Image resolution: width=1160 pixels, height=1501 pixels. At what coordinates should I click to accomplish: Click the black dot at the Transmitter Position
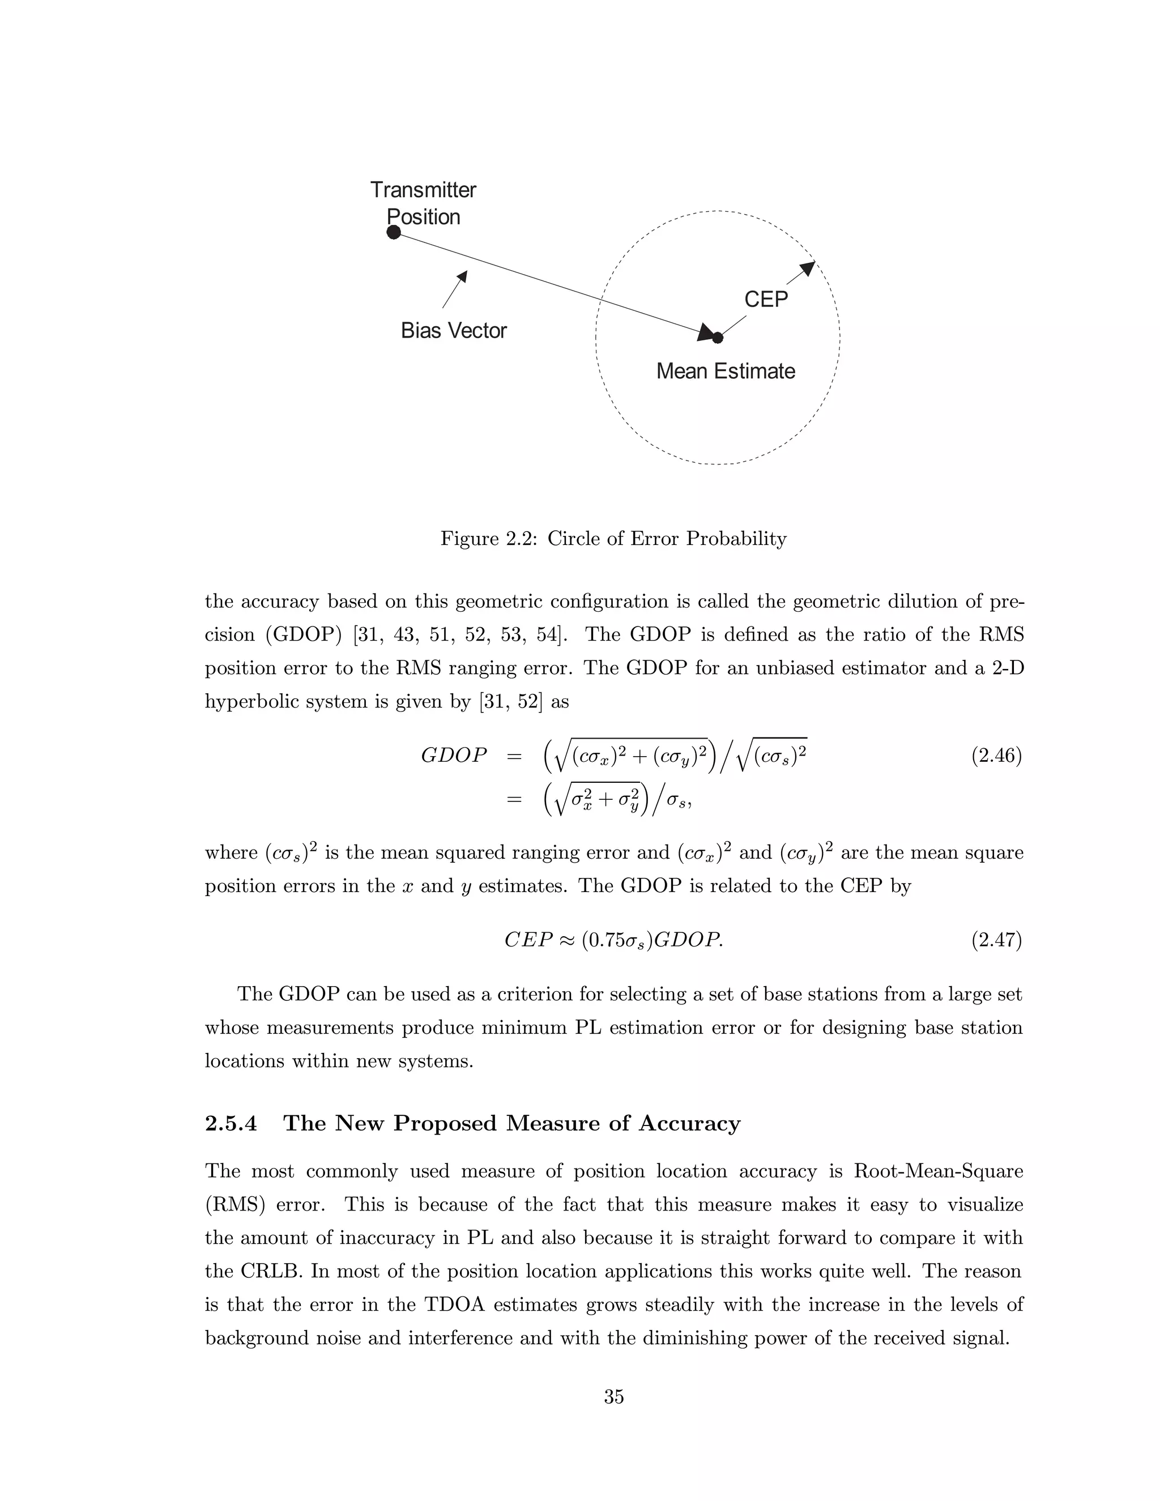tap(393, 232)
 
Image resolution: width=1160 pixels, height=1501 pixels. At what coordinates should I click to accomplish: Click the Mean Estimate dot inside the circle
tap(718, 338)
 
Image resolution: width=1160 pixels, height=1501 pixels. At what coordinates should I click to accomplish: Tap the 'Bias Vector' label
tap(454, 331)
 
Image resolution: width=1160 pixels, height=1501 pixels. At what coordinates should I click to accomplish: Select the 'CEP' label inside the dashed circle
tap(766, 299)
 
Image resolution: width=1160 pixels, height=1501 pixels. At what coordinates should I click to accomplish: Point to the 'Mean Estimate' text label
tap(725, 371)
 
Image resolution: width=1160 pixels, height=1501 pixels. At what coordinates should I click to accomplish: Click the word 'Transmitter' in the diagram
tap(423, 190)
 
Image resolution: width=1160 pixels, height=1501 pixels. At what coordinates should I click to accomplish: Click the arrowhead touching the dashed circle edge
tap(808, 268)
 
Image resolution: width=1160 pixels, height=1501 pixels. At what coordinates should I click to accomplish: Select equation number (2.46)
tap(996, 756)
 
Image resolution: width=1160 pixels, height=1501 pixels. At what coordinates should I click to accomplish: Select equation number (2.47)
tap(996, 940)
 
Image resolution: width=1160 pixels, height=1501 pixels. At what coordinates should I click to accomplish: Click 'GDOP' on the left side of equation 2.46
tap(454, 756)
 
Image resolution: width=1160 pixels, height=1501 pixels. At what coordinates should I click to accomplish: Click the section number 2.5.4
tap(231, 1123)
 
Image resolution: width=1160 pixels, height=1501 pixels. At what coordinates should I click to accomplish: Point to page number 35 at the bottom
tap(613, 1397)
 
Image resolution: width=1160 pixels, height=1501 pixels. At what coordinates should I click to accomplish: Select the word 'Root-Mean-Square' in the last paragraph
tap(937, 1171)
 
